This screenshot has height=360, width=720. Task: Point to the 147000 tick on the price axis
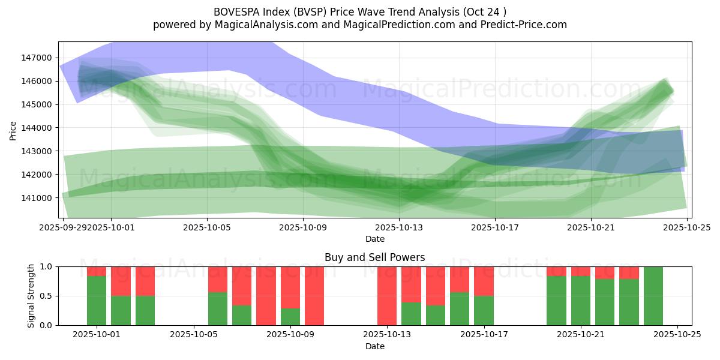coord(37,58)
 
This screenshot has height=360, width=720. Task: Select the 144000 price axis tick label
coord(37,128)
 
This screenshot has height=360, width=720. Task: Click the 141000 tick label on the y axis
coord(37,198)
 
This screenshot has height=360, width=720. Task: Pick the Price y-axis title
coord(13,130)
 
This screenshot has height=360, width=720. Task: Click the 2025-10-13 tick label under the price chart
coord(399,228)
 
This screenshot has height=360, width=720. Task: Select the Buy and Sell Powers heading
coord(374,257)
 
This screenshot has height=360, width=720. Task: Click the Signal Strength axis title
coord(31,295)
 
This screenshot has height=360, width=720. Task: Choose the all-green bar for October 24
coord(653,296)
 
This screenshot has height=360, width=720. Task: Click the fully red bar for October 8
coord(266,296)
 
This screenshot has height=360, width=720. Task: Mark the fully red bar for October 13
coord(387,296)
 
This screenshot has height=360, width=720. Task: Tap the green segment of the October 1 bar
coord(97,301)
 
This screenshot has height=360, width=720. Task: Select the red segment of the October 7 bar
coord(242,286)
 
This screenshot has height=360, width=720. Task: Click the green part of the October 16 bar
coord(460,308)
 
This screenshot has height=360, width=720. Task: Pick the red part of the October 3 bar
coord(145,281)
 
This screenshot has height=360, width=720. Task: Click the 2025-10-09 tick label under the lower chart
coord(290,335)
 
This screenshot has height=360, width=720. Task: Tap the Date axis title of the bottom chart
coord(374,346)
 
